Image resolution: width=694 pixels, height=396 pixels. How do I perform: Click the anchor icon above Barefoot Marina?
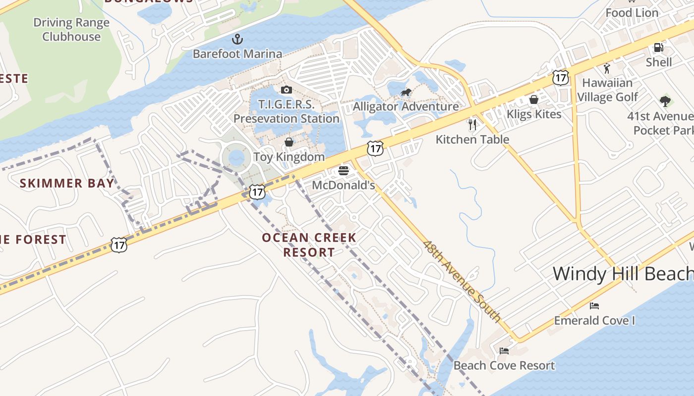point(237,39)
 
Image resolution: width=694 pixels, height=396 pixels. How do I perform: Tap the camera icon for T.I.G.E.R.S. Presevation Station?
point(286,90)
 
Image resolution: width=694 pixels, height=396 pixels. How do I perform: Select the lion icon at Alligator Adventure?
point(406,92)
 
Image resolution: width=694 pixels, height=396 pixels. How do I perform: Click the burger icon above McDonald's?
point(344,171)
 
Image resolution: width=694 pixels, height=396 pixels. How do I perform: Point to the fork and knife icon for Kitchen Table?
point(472,124)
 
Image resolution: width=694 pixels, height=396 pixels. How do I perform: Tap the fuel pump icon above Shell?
point(658,48)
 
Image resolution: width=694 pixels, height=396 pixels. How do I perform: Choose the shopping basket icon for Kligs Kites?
point(534,99)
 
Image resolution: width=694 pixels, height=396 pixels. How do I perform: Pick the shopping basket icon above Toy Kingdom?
point(289,143)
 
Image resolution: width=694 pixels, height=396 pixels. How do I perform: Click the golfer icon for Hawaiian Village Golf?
point(607,68)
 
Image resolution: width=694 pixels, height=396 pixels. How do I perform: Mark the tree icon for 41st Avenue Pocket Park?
point(665,101)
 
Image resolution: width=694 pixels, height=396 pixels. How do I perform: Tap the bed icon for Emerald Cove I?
point(594,306)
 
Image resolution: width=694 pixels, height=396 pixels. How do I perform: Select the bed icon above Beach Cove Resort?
point(504,351)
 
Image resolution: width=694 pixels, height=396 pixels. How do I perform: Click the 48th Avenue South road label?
point(462,281)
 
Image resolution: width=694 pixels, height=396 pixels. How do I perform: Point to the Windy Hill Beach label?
point(623,274)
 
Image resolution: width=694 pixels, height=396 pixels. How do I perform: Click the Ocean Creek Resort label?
point(309,245)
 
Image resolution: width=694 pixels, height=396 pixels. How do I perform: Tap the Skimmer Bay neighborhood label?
point(67,184)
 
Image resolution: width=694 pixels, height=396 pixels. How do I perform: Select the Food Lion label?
point(632,13)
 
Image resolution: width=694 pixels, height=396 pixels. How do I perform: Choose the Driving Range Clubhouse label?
point(71,30)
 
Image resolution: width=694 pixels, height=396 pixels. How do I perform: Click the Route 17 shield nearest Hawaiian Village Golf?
point(561,77)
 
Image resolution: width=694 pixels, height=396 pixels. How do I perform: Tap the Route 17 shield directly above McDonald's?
point(375,148)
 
